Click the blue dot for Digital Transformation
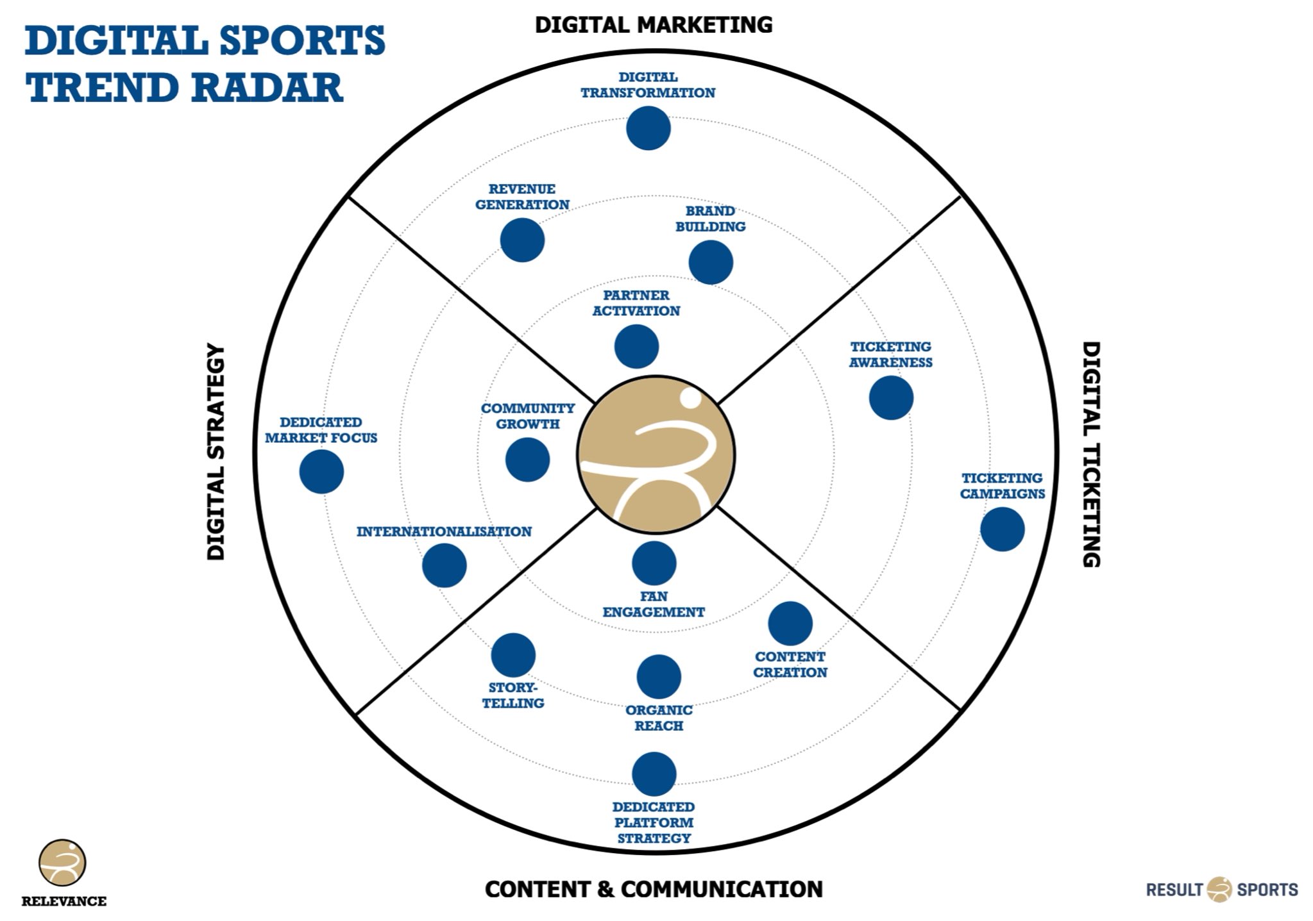point(648,128)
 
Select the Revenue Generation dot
point(522,240)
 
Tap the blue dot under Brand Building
point(711,263)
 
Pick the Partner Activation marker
point(636,347)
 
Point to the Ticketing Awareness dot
point(891,398)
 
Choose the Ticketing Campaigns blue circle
point(1002,529)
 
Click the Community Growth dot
point(527,460)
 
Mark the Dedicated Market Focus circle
point(321,472)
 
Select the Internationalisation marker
point(444,565)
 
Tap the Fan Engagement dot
point(654,563)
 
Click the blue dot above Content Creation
point(790,624)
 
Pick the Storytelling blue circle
point(513,655)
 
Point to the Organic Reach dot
point(659,677)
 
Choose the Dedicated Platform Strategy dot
point(654,774)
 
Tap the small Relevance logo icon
point(62,863)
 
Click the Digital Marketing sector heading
point(654,25)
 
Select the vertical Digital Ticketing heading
point(1091,454)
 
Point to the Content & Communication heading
point(654,889)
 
